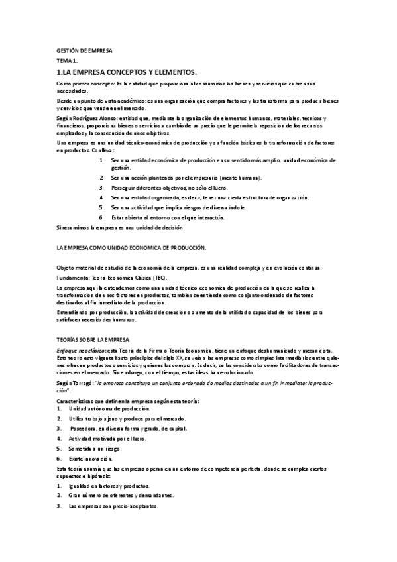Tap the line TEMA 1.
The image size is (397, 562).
click(x=67, y=60)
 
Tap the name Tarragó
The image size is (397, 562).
click(x=83, y=383)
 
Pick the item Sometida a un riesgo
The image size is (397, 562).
click(x=97, y=449)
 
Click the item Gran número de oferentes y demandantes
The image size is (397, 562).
click(x=121, y=495)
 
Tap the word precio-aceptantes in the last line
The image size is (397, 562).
click(x=136, y=506)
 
